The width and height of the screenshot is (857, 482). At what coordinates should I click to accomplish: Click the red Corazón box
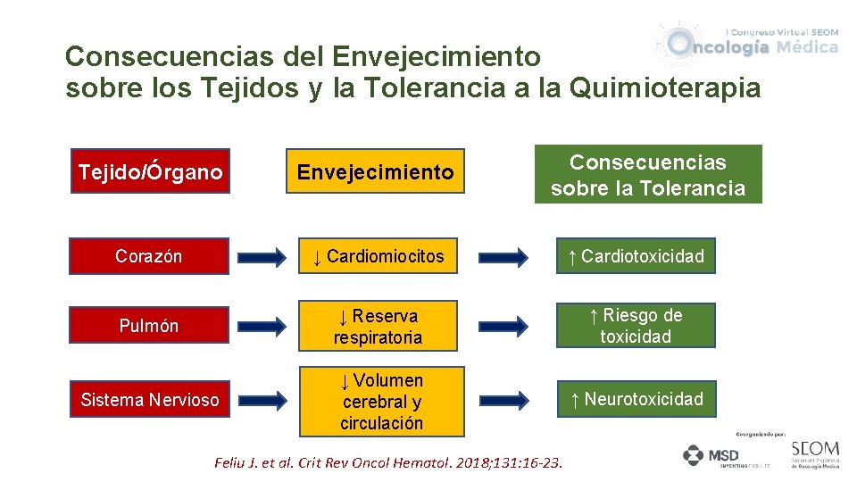coord(149,256)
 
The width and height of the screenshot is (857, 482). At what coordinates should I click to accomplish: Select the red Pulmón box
coord(149,326)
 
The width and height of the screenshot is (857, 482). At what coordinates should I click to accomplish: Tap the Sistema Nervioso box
coord(149,400)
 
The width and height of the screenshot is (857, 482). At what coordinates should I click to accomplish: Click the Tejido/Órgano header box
coord(149,171)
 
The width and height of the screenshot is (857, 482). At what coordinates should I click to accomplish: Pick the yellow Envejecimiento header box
coord(376,171)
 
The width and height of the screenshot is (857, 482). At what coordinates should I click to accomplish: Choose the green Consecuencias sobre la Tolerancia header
coord(648,175)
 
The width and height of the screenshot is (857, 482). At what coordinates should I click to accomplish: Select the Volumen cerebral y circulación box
coord(381,402)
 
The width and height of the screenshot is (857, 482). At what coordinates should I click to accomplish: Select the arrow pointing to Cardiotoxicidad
coord(503,258)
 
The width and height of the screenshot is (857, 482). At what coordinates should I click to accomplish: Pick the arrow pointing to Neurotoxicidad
coord(503,400)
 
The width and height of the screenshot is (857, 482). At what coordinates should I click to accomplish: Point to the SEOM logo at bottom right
coord(814,453)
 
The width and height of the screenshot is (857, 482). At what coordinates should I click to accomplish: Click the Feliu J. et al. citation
coord(388,463)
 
